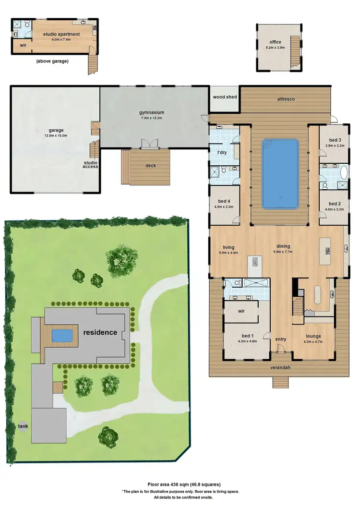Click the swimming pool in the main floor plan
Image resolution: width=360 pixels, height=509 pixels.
coord(280,173)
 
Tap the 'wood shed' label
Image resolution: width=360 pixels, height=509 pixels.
coord(225,97)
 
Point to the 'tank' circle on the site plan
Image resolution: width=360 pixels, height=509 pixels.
coord(23,426)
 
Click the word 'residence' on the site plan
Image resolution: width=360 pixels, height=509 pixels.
coord(99,332)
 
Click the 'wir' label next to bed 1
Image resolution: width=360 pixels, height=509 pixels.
coord(242,311)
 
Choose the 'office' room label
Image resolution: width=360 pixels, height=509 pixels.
coord(275,42)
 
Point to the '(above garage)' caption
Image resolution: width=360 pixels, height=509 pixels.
coord(52,61)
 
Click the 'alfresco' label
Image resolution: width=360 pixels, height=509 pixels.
coord(286,98)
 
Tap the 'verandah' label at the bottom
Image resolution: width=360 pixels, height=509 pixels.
coord(281,367)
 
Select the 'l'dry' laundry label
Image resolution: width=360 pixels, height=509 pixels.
coord(222,152)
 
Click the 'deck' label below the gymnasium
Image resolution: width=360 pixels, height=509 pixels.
coord(150,166)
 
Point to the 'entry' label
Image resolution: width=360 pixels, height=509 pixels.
coord(281,339)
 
